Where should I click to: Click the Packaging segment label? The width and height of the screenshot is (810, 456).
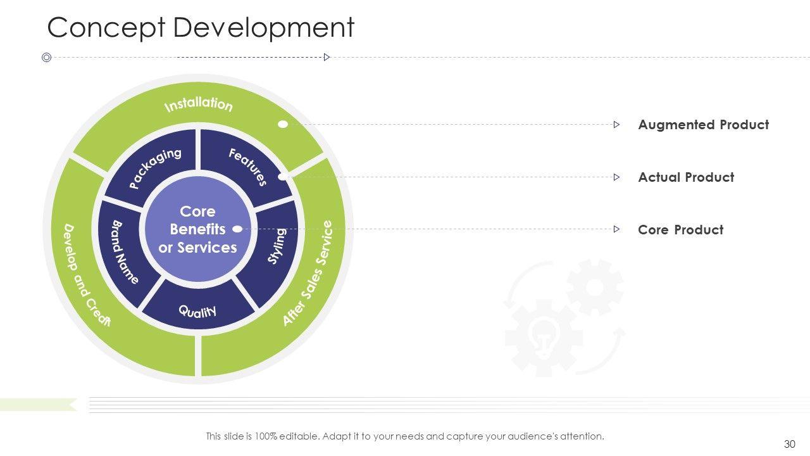tap(155, 168)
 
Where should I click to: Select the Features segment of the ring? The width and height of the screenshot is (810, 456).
tap(247, 167)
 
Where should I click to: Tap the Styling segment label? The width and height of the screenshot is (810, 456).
tap(277, 246)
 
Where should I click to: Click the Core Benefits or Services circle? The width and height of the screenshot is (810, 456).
tap(197, 229)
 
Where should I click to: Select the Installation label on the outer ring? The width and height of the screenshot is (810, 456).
tap(198, 104)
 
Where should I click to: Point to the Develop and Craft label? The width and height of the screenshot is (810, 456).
tap(87, 275)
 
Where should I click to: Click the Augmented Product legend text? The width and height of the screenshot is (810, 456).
tap(703, 125)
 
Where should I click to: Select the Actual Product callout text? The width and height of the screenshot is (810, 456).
tap(686, 177)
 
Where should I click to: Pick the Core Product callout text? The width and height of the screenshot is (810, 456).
tap(680, 230)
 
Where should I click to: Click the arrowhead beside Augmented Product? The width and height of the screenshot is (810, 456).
tap(616, 125)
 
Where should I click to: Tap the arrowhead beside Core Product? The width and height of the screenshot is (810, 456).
tap(616, 229)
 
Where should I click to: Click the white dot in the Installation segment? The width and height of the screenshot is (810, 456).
tap(283, 124)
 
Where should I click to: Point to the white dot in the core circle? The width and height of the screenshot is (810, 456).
tap(237, 229)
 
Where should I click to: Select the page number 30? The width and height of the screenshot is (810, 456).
tap(789, 444)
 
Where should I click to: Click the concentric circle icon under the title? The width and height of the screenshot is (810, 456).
tap(46, 58)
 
